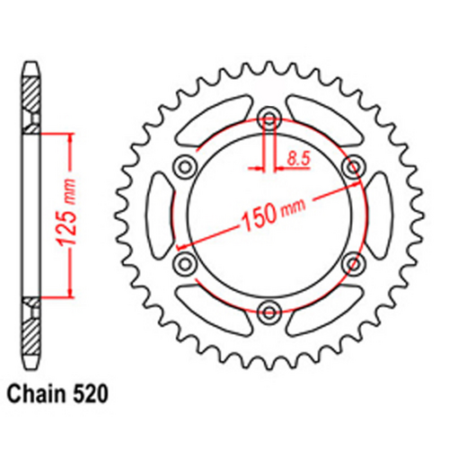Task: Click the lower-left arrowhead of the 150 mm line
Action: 181,244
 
